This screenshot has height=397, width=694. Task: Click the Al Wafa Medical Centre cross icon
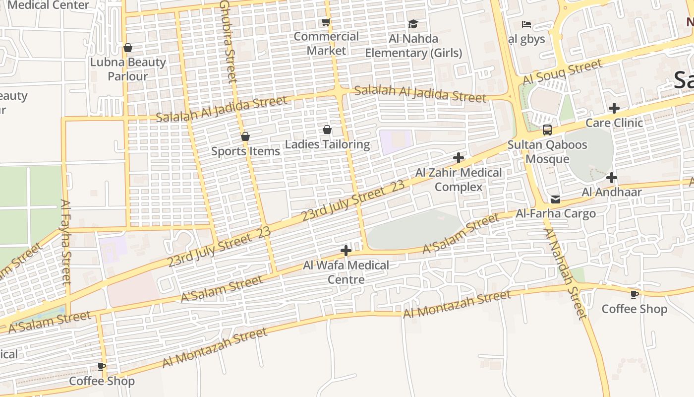346,251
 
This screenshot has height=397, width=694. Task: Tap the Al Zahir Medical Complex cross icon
459,158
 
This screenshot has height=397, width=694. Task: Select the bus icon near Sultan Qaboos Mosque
547,130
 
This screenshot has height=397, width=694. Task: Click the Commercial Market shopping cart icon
326,22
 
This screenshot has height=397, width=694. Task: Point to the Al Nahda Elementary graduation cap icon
413,24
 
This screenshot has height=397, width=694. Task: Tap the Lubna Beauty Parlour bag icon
128,48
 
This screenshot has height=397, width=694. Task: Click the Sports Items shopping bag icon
245,136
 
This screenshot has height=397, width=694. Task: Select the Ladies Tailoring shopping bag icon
327,130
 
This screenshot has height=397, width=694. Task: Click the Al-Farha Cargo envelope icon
556,199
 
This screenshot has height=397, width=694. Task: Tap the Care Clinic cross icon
614,108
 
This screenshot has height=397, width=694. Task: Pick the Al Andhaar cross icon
612,177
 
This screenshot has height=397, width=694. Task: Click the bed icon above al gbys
526,24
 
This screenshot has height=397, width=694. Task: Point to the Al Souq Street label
562,72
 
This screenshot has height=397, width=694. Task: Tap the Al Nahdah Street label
565,273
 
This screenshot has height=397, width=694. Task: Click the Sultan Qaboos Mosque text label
547,152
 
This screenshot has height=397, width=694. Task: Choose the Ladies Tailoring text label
327,144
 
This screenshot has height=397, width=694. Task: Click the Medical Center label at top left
49,5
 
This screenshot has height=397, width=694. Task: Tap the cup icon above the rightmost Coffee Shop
634,294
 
